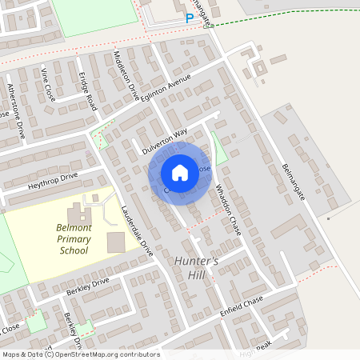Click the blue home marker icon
pos(180,173)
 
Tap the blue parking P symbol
pos(190,18)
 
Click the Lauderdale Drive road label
pos(137,230)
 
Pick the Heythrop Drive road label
pos(53,179)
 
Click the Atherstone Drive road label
pos(16,111)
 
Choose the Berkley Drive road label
pos(87,286)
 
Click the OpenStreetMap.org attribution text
pos(104,354)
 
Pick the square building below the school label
pos(116,242)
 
